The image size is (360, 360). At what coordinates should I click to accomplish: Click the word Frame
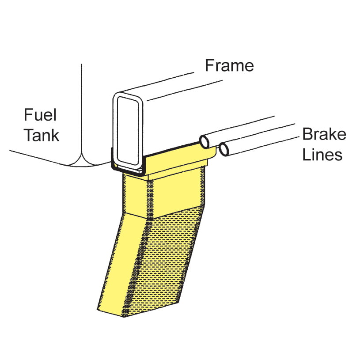(229, 65)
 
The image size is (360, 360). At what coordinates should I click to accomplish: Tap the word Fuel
(40, 115)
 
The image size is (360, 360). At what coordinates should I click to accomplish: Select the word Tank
(42, 135)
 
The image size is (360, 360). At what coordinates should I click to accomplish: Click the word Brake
(324, 134)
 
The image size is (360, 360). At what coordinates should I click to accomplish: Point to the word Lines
(322, 154)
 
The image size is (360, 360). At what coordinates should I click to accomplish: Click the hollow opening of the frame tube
(128, 130)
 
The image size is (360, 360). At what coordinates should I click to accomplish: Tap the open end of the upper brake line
(204, 142)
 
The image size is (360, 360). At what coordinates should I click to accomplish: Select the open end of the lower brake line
(224, 149)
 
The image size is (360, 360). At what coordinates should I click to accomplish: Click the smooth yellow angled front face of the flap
(121, 264)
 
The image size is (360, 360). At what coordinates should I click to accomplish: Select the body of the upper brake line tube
(239, 131)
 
